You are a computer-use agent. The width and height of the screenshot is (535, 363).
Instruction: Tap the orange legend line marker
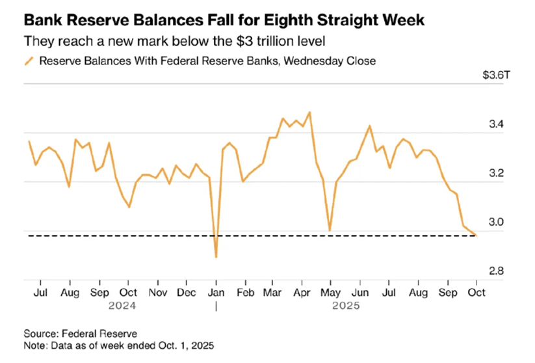pyautogui.click(x=29, y=61)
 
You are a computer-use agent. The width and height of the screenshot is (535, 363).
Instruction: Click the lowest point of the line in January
pyautogui.click(x=216, y=257)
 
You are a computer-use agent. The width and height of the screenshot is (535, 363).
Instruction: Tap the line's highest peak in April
pyautogui.click(x=310, y=112)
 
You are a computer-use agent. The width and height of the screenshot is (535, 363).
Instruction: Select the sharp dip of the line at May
pyautogui.click(x=330, y=230)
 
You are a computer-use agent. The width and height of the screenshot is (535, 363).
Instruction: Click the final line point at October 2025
pyautogui.click(x=476, y=235)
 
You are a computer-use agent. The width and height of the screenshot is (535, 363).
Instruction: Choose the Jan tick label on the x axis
pyautogui.click(x=216, y=292)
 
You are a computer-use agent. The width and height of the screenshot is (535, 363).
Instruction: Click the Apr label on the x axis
pyautogui.click(x=302, y=292)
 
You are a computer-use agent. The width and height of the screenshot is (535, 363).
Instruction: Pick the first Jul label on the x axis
pyautogui.click(x=41, y=292)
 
